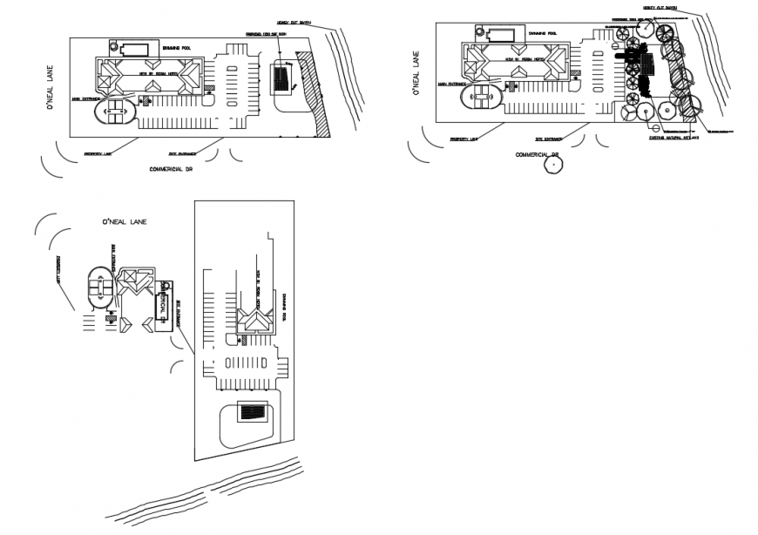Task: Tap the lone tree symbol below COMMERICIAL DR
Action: [x=551, y=165]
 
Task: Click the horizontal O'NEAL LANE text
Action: [x=125, y=222]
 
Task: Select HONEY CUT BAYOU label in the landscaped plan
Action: [x=661, y=12]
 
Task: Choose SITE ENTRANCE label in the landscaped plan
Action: [x=548, y=139]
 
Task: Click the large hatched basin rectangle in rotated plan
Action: [x=253, y=412]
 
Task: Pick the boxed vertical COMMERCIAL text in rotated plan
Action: [x=162, y=306]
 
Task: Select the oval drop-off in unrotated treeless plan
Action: [x=115, y=112]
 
